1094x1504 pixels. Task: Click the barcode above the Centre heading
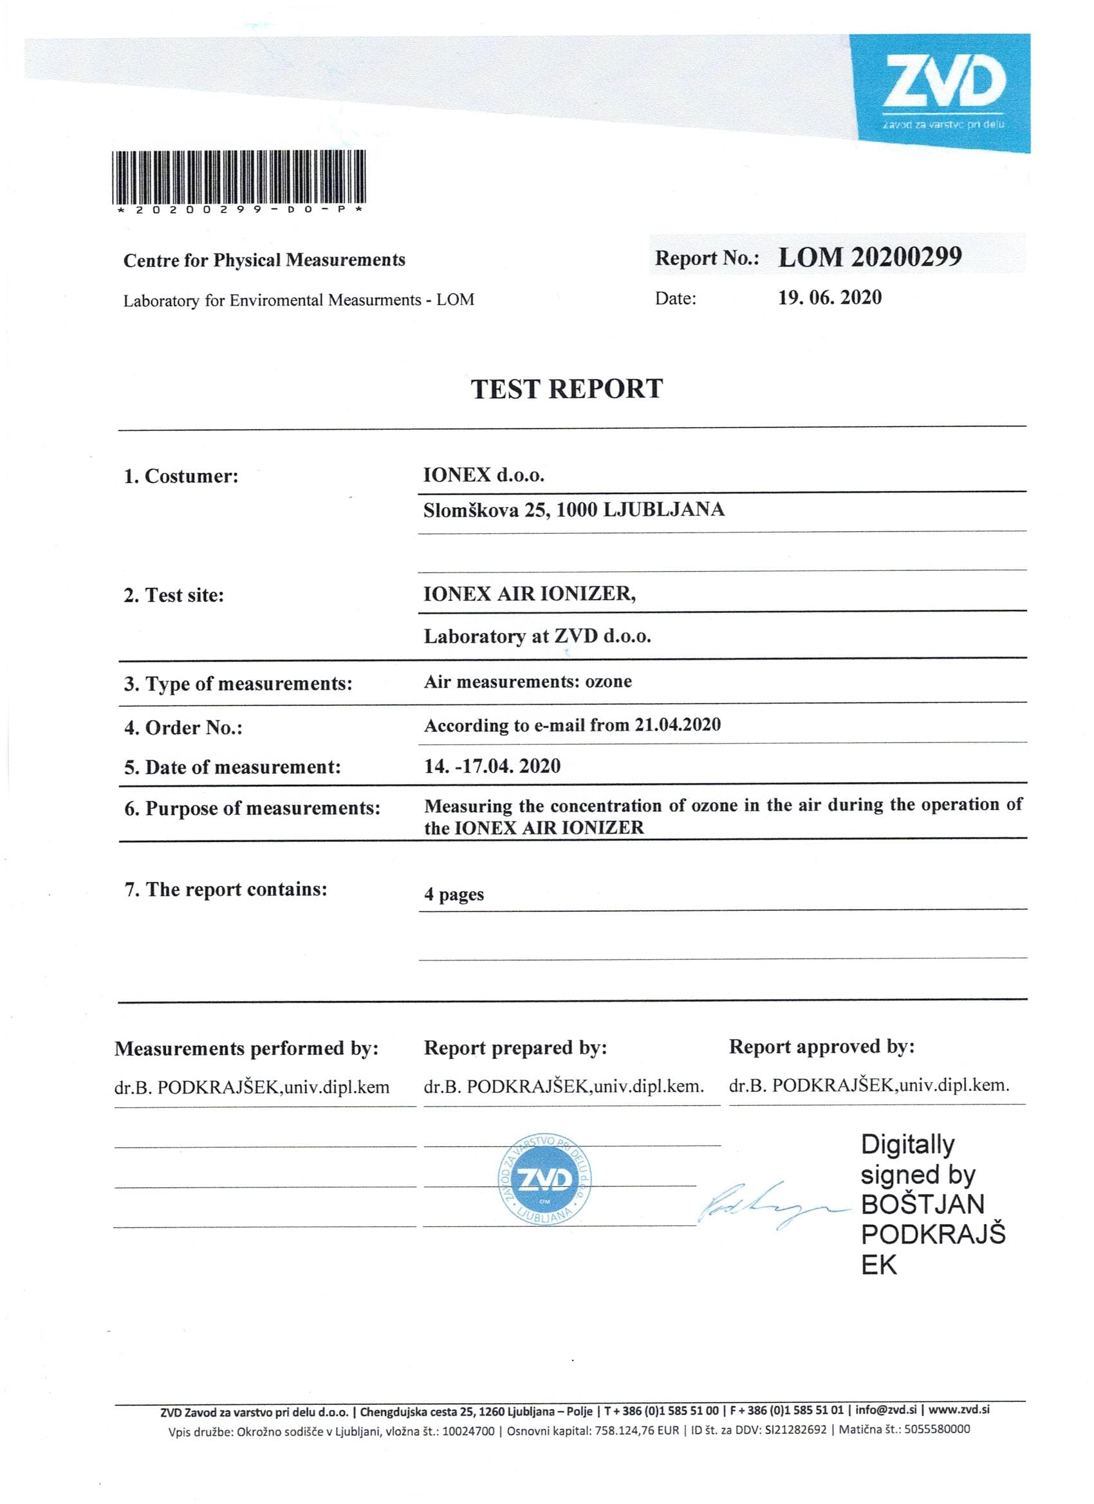point(239,177)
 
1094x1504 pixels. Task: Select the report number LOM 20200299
point(870,257)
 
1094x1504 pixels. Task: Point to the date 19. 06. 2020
point(830,298)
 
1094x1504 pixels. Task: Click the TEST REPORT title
point(566,389)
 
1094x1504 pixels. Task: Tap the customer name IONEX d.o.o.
point(484,475)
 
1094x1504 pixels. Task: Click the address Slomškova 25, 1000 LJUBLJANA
point(574,509)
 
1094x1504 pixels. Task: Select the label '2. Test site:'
point(174,595)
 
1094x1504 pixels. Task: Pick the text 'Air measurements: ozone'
point(528,682)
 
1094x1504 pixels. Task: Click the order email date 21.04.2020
point(678,724)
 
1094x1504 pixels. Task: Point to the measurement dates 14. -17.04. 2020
point(492,766)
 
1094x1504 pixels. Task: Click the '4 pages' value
point(454,895)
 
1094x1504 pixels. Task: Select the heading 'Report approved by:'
point(821,1047)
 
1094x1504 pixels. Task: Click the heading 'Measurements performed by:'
point(246,1049)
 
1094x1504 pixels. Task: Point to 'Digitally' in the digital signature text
point(907,1144)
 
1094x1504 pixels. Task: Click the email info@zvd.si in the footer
point(885,1410)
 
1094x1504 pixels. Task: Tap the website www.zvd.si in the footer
point(959,1410)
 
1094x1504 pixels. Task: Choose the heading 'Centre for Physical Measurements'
point(264,260)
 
